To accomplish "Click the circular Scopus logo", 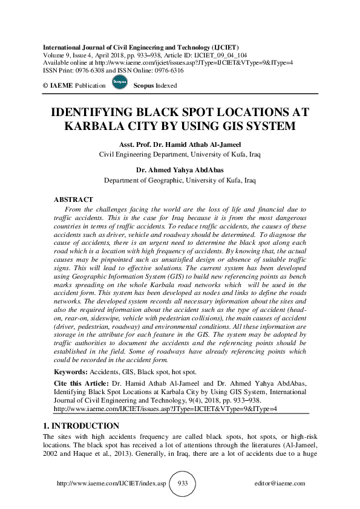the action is tap(119, 83).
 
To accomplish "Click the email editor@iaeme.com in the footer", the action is tap(281, 484).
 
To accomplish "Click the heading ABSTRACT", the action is tap(73, 199).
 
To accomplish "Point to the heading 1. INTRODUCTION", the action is tap(81, 426).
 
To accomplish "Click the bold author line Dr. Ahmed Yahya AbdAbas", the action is tap(180, 170).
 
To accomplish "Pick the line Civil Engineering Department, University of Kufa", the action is tap(180, 154).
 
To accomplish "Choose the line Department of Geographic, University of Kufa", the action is tap(180, 180).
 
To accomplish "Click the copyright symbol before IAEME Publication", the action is tap(45, 86).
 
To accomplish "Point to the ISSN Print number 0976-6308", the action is tap(90, 69).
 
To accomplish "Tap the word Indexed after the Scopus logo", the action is tap(166, 86).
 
